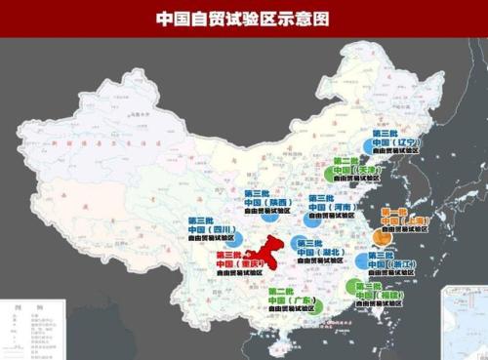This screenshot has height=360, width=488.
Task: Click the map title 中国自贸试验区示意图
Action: click(x=243, y=18)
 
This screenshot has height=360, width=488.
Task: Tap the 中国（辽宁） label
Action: click(x=391, y=142)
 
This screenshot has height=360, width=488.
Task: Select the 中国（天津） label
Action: click(x=351, y=170)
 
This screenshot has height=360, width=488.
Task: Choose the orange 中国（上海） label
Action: click(x=401, y=222)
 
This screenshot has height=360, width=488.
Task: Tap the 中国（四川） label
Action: click(x=206, y=230)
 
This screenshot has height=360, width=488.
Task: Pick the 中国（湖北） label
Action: click(x=318, y=252)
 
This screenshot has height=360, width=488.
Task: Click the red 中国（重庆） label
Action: click(x=235, y=262)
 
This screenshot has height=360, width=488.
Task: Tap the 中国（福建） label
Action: click(x=376, y=294)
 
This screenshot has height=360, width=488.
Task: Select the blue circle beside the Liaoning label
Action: click(x=368, y=144)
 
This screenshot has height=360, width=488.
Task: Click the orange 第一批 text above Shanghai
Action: click(x=396, y=212)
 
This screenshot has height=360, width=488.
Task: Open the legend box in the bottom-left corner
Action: click(x=29, y=328)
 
